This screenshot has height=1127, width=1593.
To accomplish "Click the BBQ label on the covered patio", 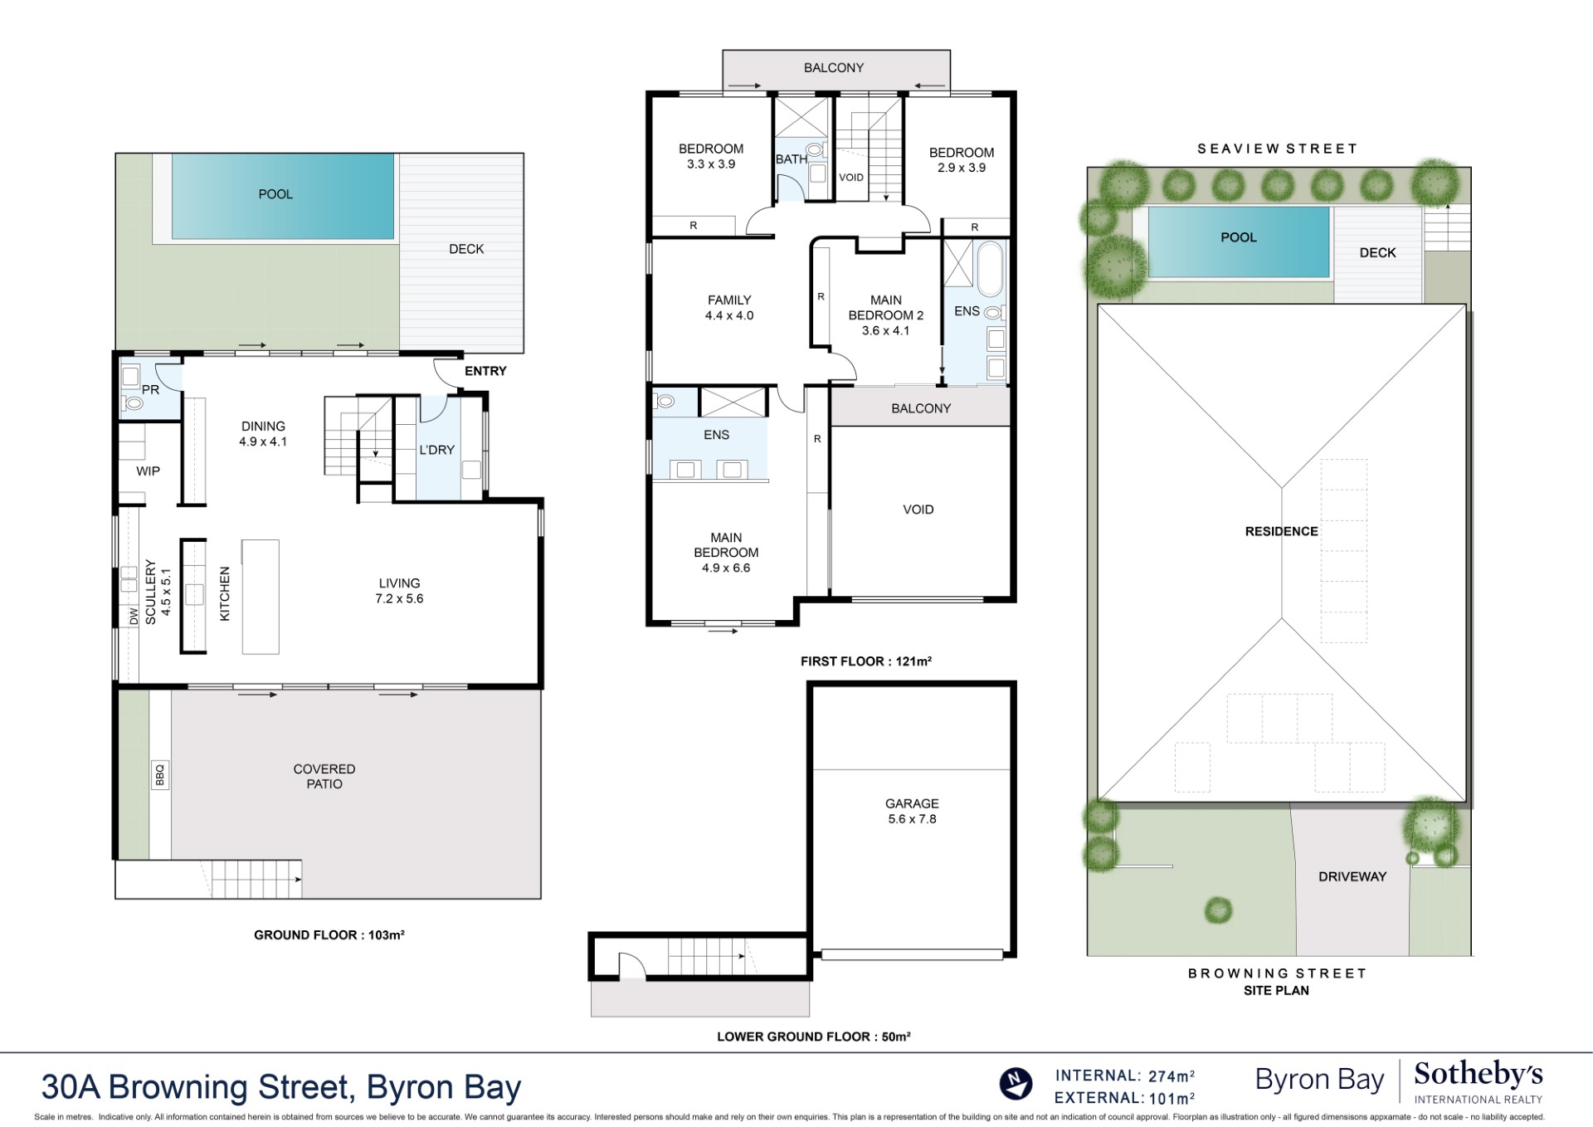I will click(x=160, y=774).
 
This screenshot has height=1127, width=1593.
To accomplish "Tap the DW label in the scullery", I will click(x=134, y=616).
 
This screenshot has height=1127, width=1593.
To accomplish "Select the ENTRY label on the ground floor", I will click(x=485, y=371).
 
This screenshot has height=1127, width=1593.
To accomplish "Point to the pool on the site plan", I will click(x=1238, y=241).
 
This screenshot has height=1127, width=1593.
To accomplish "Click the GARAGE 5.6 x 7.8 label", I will click(x=911, y=811).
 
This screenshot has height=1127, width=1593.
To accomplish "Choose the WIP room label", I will click(x=148, y=471).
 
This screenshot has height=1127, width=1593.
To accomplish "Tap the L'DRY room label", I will click(x=436, y=450).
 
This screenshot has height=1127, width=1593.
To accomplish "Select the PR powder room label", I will click(x=150, y=389).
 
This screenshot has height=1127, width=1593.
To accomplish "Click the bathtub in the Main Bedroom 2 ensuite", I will click(x=990, y=269).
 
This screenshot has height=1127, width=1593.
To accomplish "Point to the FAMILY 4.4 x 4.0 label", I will click(x=729, y=307).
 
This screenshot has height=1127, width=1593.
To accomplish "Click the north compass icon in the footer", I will click(x=1016, y=1084).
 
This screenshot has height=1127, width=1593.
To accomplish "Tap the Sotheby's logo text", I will click(x=1478, y=1074).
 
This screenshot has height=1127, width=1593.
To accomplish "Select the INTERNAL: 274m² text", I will click(x=1124, y=1076).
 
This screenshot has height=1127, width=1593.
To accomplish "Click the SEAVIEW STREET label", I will click(x=1277, y=149).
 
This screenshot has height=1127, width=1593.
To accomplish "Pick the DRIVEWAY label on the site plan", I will click(x=1352, y=876).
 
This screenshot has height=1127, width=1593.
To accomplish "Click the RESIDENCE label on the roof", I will click(x=1281, y=531).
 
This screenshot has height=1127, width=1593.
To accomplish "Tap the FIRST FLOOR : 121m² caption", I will click(x=865, y=661).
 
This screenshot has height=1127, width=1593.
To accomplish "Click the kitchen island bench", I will click(x=260, y=597).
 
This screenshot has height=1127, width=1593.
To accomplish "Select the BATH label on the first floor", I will click(x=791, y=159).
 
